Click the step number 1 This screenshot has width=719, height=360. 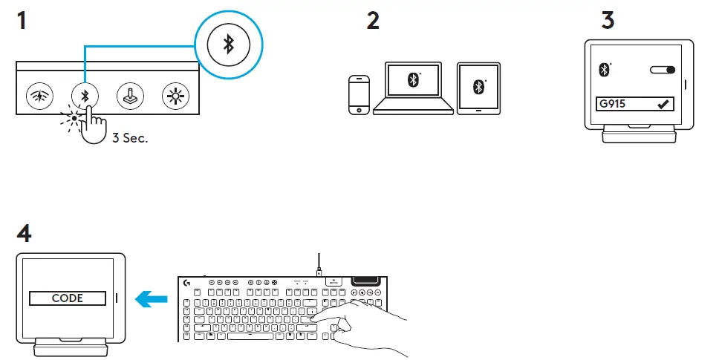tap(22, 20)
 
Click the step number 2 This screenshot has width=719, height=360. tap(373, 20)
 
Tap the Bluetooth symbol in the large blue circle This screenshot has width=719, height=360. tap(230, 45)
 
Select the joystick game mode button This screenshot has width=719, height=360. tap(130, 96)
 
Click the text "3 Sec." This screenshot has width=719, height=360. tap(130, 138)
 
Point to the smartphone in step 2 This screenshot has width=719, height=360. tap(359, 94)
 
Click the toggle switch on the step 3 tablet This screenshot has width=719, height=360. tap(663, 70)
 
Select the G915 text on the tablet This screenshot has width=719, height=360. tap(614, 105)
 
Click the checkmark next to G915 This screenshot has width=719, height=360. tap(663, 105)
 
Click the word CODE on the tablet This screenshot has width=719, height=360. tap(67, 298)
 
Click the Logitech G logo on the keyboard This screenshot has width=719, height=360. tap(186, 282)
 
